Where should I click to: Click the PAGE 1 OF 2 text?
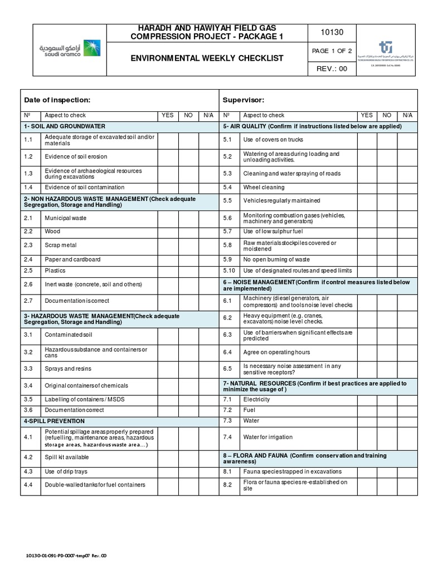point(332,51)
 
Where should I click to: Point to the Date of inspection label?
point(57,100)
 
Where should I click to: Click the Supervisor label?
point(243,100)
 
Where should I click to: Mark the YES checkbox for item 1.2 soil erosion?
point(168,157)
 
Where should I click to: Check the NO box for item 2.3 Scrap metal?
point(189,245)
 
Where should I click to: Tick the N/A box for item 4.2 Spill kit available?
point(208,457)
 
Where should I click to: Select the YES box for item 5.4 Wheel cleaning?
point(367,188)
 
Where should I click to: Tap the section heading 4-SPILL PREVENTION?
point(54,421)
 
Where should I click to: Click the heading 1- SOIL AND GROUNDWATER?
point(64,126)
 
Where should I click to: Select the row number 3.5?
point(28,399)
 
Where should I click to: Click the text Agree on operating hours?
point(276,352)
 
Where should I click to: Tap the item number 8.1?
point(227,471)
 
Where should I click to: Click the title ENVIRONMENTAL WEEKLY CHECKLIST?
point(207,58)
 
